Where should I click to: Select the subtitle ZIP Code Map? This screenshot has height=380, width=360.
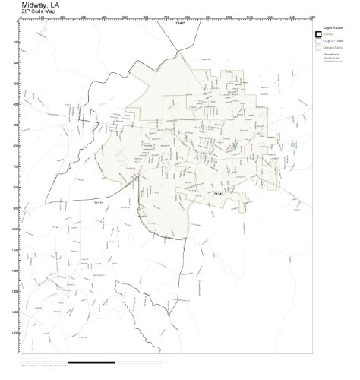tap(39, 12)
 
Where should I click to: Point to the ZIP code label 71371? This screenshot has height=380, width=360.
tap(98, 204)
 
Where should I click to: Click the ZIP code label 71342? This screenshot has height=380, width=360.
tap(219, 195)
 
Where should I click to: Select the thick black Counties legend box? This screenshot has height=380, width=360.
tap(317, 34)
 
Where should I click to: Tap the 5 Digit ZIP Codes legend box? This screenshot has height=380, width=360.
tap(317, 41)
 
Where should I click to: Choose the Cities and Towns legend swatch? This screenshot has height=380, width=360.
tap(317, 48)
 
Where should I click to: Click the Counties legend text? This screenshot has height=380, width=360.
tap(328, 34)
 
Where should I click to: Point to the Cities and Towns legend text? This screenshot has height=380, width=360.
tap(333, 48)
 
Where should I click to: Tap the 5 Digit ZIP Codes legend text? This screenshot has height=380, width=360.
tap(334, 41)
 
